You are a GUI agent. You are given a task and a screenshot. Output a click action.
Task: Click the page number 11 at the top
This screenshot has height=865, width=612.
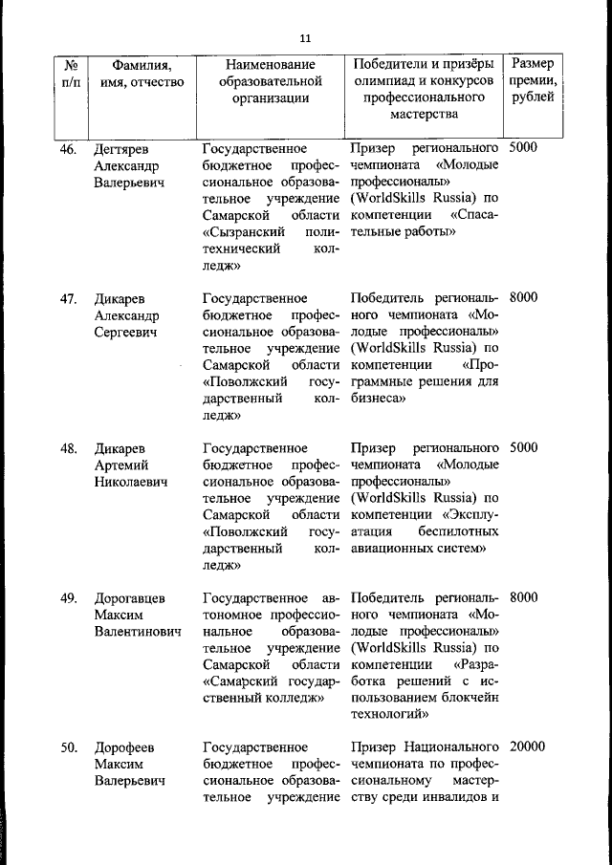(305, 38)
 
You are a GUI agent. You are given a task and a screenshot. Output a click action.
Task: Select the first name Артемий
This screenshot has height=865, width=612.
(121, 465)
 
